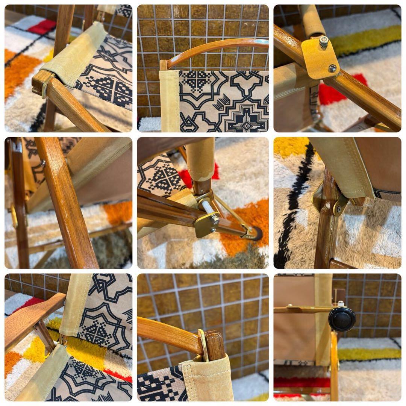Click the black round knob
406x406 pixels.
(342, 319)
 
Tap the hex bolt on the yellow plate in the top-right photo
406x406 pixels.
(323, 41)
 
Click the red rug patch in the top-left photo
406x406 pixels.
(42, 27)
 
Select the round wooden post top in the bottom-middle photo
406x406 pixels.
(215, 344)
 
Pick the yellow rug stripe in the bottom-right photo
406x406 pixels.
(368, 354)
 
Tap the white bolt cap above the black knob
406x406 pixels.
(341, 303)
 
